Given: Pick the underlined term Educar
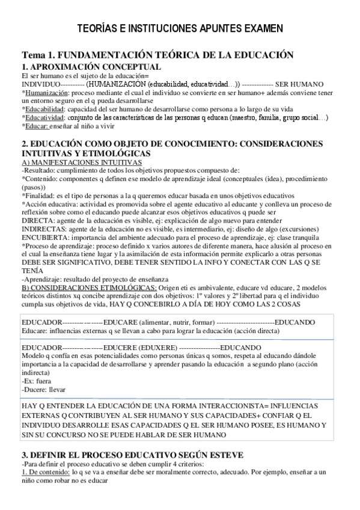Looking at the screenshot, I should pos(35,126).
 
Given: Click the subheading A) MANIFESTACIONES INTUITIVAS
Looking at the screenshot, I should pos(82,162).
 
